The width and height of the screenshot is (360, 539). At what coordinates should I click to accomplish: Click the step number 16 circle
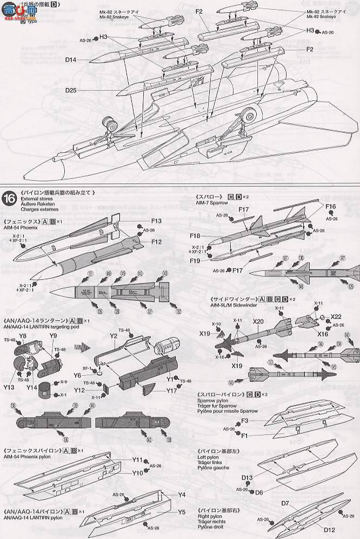pos(10,197)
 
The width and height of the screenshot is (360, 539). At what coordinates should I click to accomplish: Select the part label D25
pos(72,90)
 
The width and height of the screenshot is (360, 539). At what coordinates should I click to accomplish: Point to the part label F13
pos(157,221)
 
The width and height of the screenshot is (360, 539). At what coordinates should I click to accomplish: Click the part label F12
pos(157,241)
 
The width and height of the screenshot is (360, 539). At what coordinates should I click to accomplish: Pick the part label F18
pos(195,236)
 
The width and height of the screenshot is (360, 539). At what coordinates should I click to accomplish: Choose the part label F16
pos(331,206)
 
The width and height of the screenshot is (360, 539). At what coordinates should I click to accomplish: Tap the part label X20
pos(258,321)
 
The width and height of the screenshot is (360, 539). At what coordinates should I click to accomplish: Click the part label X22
pos(336,316)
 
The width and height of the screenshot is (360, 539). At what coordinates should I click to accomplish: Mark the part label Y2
pos(114,335)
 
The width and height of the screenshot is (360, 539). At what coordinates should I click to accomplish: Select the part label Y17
pos(172,390)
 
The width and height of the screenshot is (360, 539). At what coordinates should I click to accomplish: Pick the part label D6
pos(259,492)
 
